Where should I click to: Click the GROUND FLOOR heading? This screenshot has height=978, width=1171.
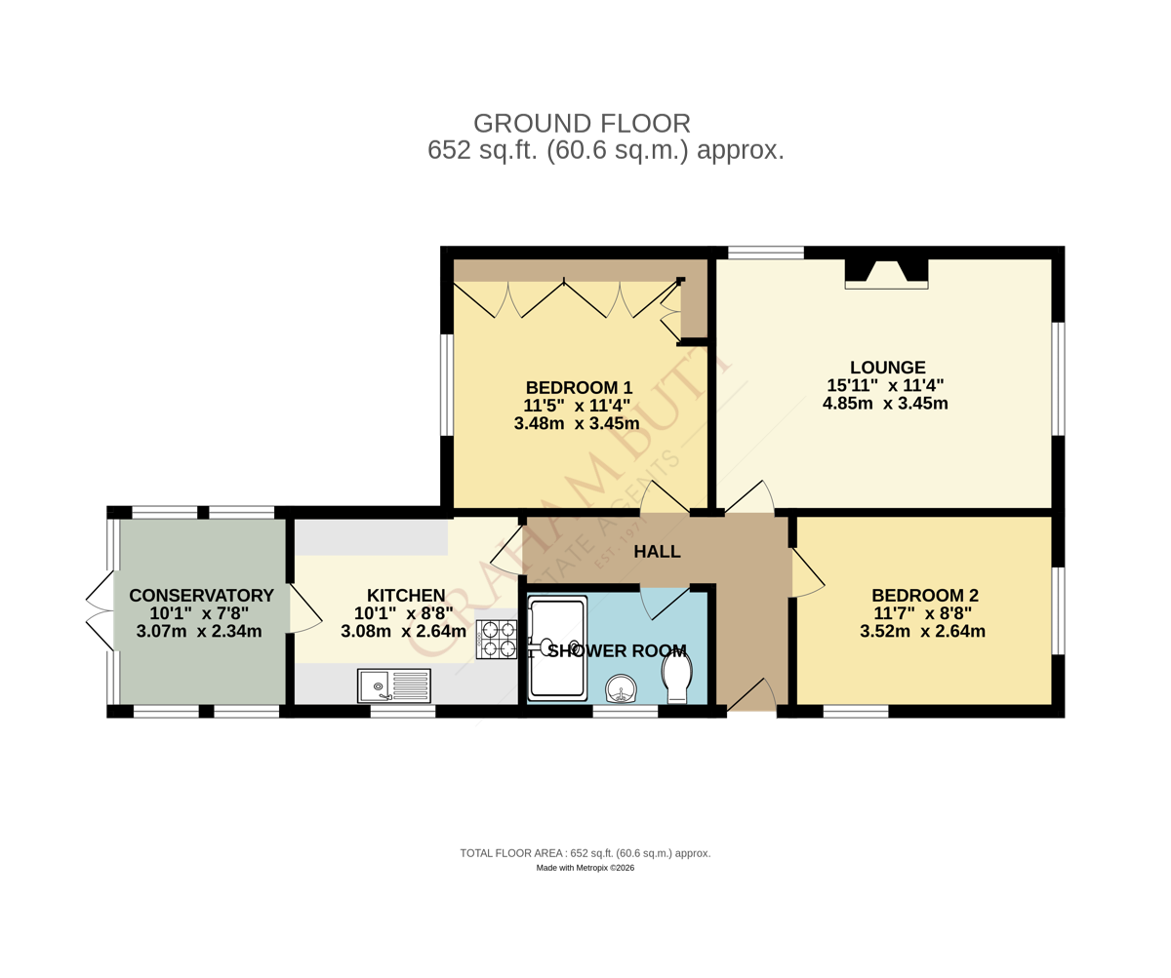tap(582, 123)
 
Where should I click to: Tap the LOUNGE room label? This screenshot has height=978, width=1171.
tap(888, 367)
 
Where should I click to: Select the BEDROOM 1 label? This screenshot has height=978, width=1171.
tap(579, 387)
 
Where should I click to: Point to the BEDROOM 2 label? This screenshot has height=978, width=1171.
tap(925, 595)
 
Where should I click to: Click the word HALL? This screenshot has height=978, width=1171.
tap(658, 552)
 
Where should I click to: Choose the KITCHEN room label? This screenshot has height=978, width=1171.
tap(406, 595)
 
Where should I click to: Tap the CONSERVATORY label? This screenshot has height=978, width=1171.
tap(201, 595)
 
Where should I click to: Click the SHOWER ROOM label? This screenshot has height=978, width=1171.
tap(617, 650)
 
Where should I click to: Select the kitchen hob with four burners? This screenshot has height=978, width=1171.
tap(497, 639)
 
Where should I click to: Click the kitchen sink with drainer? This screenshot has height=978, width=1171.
tap(394, 685)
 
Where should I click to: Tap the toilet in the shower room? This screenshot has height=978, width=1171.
tap(677, 679)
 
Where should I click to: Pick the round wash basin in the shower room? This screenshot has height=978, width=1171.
tap(622, 688)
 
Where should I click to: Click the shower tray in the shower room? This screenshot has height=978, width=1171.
tap(557, 647)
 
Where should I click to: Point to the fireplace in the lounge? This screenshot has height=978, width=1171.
tap(887, 274)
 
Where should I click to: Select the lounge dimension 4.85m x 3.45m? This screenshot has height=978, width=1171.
tap(885, 403)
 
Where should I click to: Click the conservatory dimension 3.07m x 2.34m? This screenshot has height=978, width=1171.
tap(199, 631)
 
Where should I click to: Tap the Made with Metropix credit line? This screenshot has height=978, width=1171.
tap(585, 868)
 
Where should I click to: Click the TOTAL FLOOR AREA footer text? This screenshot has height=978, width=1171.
tap(585, 853)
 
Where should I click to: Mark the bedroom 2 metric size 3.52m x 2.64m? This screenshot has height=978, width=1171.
tap(922, 631)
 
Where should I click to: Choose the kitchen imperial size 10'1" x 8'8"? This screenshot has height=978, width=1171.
tap(404, 613)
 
